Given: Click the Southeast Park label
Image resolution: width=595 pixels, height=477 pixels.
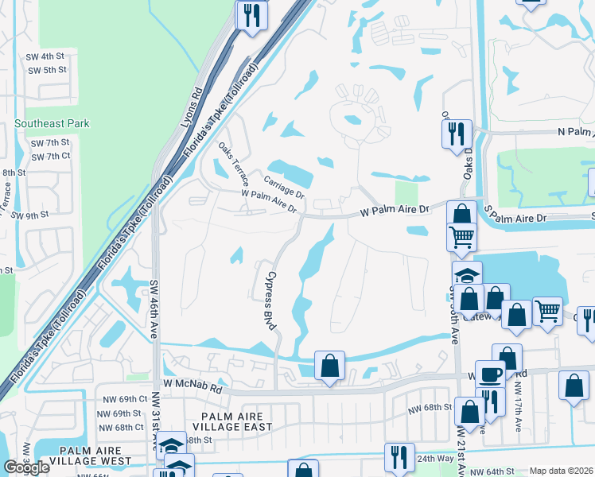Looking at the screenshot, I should click(x=52, y=123).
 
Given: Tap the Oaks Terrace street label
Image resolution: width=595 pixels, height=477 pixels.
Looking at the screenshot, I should click(x=234, y=163).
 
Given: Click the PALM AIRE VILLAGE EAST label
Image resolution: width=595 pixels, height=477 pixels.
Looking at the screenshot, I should click(x=237, y=421).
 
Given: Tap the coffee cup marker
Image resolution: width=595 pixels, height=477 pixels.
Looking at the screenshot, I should click(x=490, y=374).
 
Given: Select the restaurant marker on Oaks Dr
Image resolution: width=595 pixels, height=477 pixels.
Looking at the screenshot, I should click(x=456, y=133).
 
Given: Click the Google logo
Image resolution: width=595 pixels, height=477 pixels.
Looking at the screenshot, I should click(x=26, y=467).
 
